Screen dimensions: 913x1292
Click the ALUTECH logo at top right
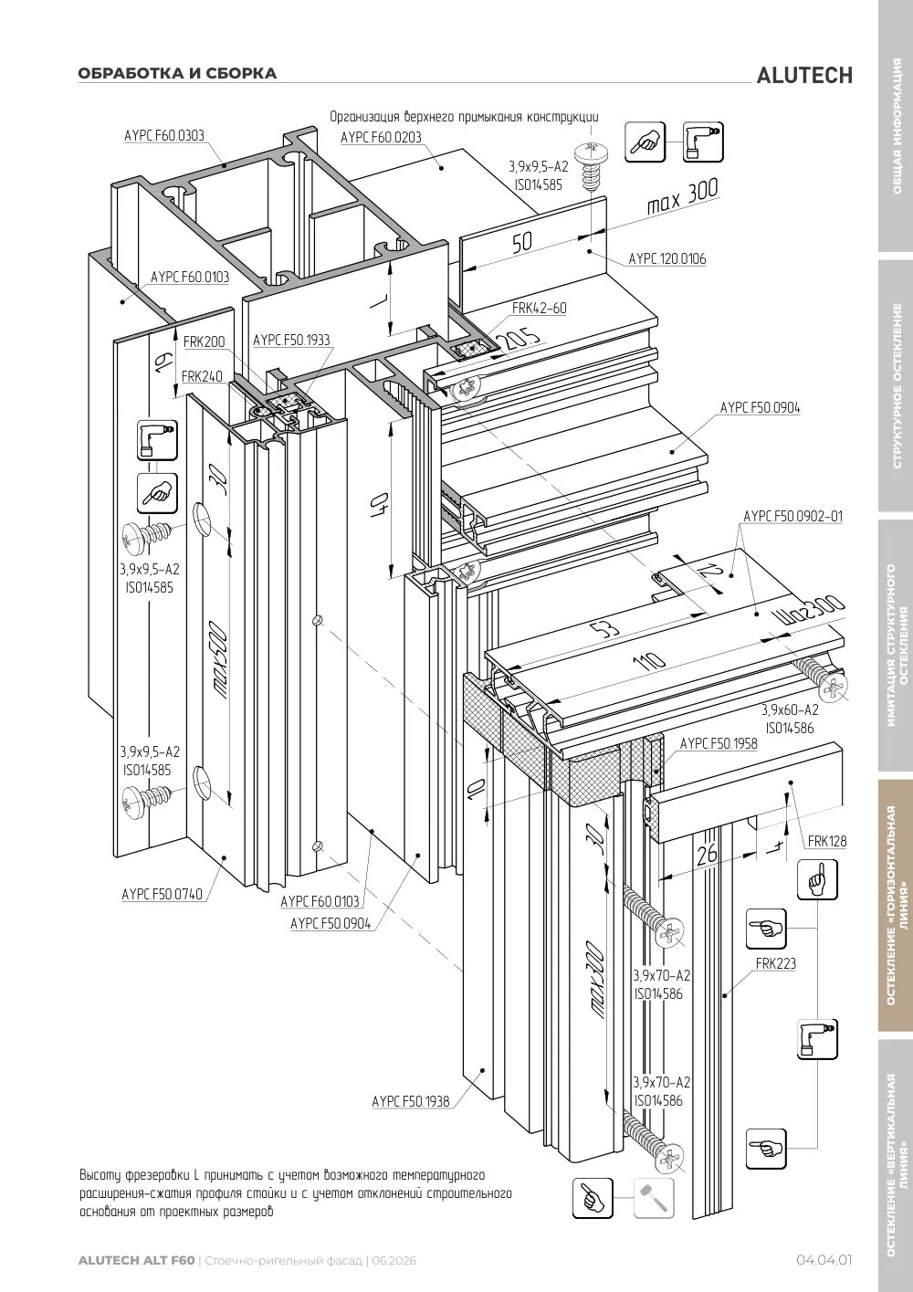(804, 76)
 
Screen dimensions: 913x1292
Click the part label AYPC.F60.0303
(164, 135)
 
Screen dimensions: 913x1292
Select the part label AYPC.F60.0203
(382, 137)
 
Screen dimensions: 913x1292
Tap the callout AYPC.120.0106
(666, 259)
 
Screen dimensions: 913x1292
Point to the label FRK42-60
(540, 309)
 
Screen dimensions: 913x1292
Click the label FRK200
(205, 342)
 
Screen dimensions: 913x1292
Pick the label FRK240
(202, 376)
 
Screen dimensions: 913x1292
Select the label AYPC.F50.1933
(292, 340)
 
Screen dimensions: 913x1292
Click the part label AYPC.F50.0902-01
(793, 516)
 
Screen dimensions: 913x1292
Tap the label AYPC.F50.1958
(719, 744)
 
